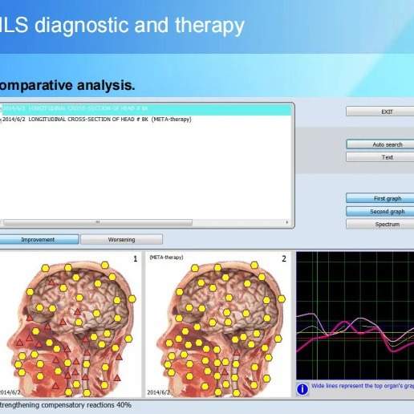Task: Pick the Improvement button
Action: pyautogui.click(x=39, y=239)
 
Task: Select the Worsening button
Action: pyautogui.click(x=121, y=239)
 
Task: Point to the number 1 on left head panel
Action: pyautogui.click(x=135, y=258)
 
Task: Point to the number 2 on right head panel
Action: pyautogui.click(x=283, y=258)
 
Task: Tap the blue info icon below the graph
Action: pyautogui.click(x=302, y=389)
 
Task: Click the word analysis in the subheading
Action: pyautogui.click(x=105, y=84)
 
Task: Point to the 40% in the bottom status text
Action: pyautogui.click(x=124, y=405)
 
